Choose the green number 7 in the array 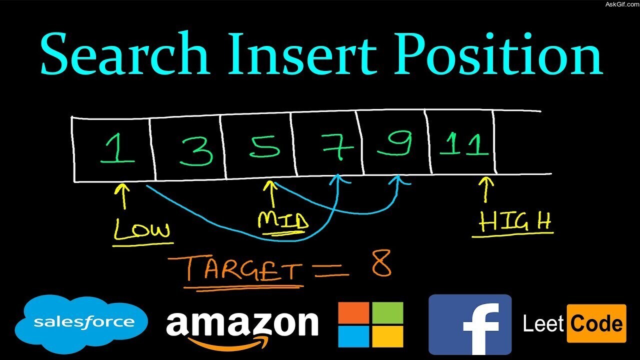(337, 145)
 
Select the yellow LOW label (142, 230)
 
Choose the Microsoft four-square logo (370, 324)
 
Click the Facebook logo (470, 324)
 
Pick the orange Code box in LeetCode (596, 324)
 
